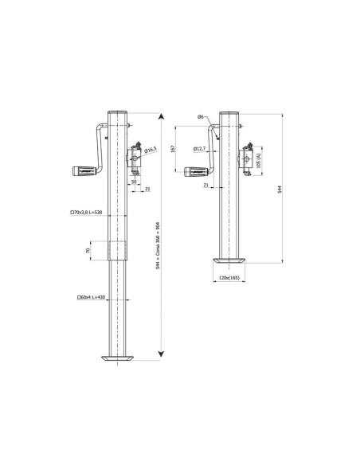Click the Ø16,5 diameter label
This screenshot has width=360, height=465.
[150, 149]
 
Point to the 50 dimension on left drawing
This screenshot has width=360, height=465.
[135, 182]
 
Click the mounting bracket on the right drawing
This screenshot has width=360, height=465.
[249, 160]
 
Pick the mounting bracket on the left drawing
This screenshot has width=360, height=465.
[138, 160]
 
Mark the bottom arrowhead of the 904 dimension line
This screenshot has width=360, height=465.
[163, 353]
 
